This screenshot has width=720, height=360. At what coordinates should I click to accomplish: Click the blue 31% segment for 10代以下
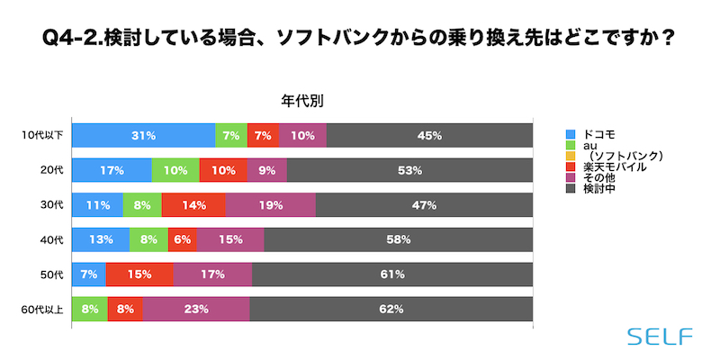click(x=143, y=135)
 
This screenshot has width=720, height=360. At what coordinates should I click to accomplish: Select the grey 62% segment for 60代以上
click(x=391, y=309)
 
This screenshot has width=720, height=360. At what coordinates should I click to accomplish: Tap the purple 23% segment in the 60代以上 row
click(x=195, y=309)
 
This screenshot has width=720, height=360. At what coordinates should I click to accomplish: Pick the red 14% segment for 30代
click(x=193, y=204)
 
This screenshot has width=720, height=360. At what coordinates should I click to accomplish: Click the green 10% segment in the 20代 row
click(x=175, y=170)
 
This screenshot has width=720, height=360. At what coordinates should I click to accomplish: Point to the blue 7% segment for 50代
click(x=88, y=274)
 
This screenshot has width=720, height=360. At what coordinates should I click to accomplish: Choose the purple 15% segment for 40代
click(x=230, y=239)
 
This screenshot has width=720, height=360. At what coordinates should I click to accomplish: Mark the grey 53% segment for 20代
click(x=409, y=170)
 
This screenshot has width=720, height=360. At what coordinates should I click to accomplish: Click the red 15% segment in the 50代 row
click(x=139, y=274)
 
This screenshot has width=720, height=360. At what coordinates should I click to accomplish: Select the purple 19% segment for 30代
click(x=271, y=204)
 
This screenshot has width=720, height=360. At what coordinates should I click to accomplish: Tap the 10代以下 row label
click(x=41, y=135)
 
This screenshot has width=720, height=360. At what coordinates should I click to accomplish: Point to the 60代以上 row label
click(x=41, y=309)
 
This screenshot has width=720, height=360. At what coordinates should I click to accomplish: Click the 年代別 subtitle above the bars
click(x=302, y=101)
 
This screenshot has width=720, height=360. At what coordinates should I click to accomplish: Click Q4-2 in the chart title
click(x=71, y=39)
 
